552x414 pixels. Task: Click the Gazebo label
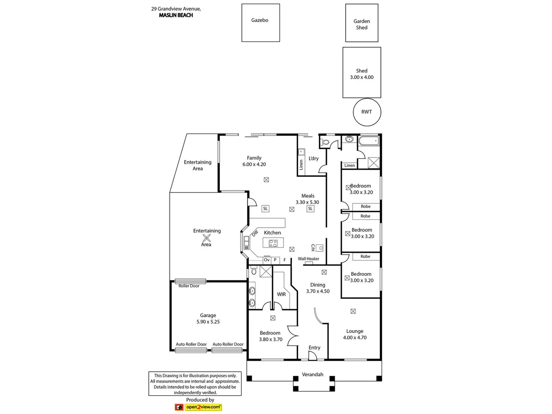click(259, 20)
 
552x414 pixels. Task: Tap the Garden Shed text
click(361, 24)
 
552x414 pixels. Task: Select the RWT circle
click(367, 112)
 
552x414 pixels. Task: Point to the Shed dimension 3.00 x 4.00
click(361, 77)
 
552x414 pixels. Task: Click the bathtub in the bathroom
click(369, 141)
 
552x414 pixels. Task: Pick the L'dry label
click(313, 158)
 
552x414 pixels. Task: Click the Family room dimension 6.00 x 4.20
click(254, 164)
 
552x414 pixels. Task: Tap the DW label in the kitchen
click(255, 233)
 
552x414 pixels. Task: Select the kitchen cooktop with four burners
click(273, 243)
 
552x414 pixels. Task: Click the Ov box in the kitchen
click(267, 260)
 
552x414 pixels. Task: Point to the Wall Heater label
click(308, 259)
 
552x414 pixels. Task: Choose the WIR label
click(281, 294)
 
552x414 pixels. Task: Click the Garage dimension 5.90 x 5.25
click(208, 322)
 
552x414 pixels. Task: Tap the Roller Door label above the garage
click(189, 286)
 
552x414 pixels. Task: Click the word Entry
click(314, 348)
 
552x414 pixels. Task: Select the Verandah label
click(312, 374)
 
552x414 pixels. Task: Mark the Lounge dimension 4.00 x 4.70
click(355, 337)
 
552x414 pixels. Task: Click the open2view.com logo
click(203, 407)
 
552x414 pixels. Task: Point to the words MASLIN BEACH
click(176, 15)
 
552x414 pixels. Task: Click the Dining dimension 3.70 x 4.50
click(318, 291)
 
